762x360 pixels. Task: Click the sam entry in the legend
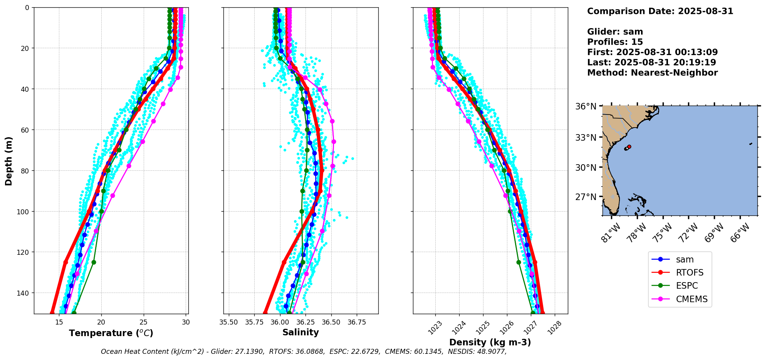685,259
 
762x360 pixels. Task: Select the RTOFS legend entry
690,273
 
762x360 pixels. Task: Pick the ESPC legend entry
687,286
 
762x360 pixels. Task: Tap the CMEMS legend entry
692,299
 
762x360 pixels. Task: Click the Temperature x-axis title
111,333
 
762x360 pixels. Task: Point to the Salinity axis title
300,332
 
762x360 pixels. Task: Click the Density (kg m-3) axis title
490,342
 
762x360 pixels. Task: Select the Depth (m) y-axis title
8,161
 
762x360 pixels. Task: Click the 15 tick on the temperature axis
59,322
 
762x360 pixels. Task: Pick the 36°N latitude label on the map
586,106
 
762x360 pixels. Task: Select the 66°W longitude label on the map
740,232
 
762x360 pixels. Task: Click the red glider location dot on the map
629,146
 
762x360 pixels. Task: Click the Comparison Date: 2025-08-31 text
660,11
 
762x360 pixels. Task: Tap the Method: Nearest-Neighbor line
652,73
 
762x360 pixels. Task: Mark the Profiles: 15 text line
615,42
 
